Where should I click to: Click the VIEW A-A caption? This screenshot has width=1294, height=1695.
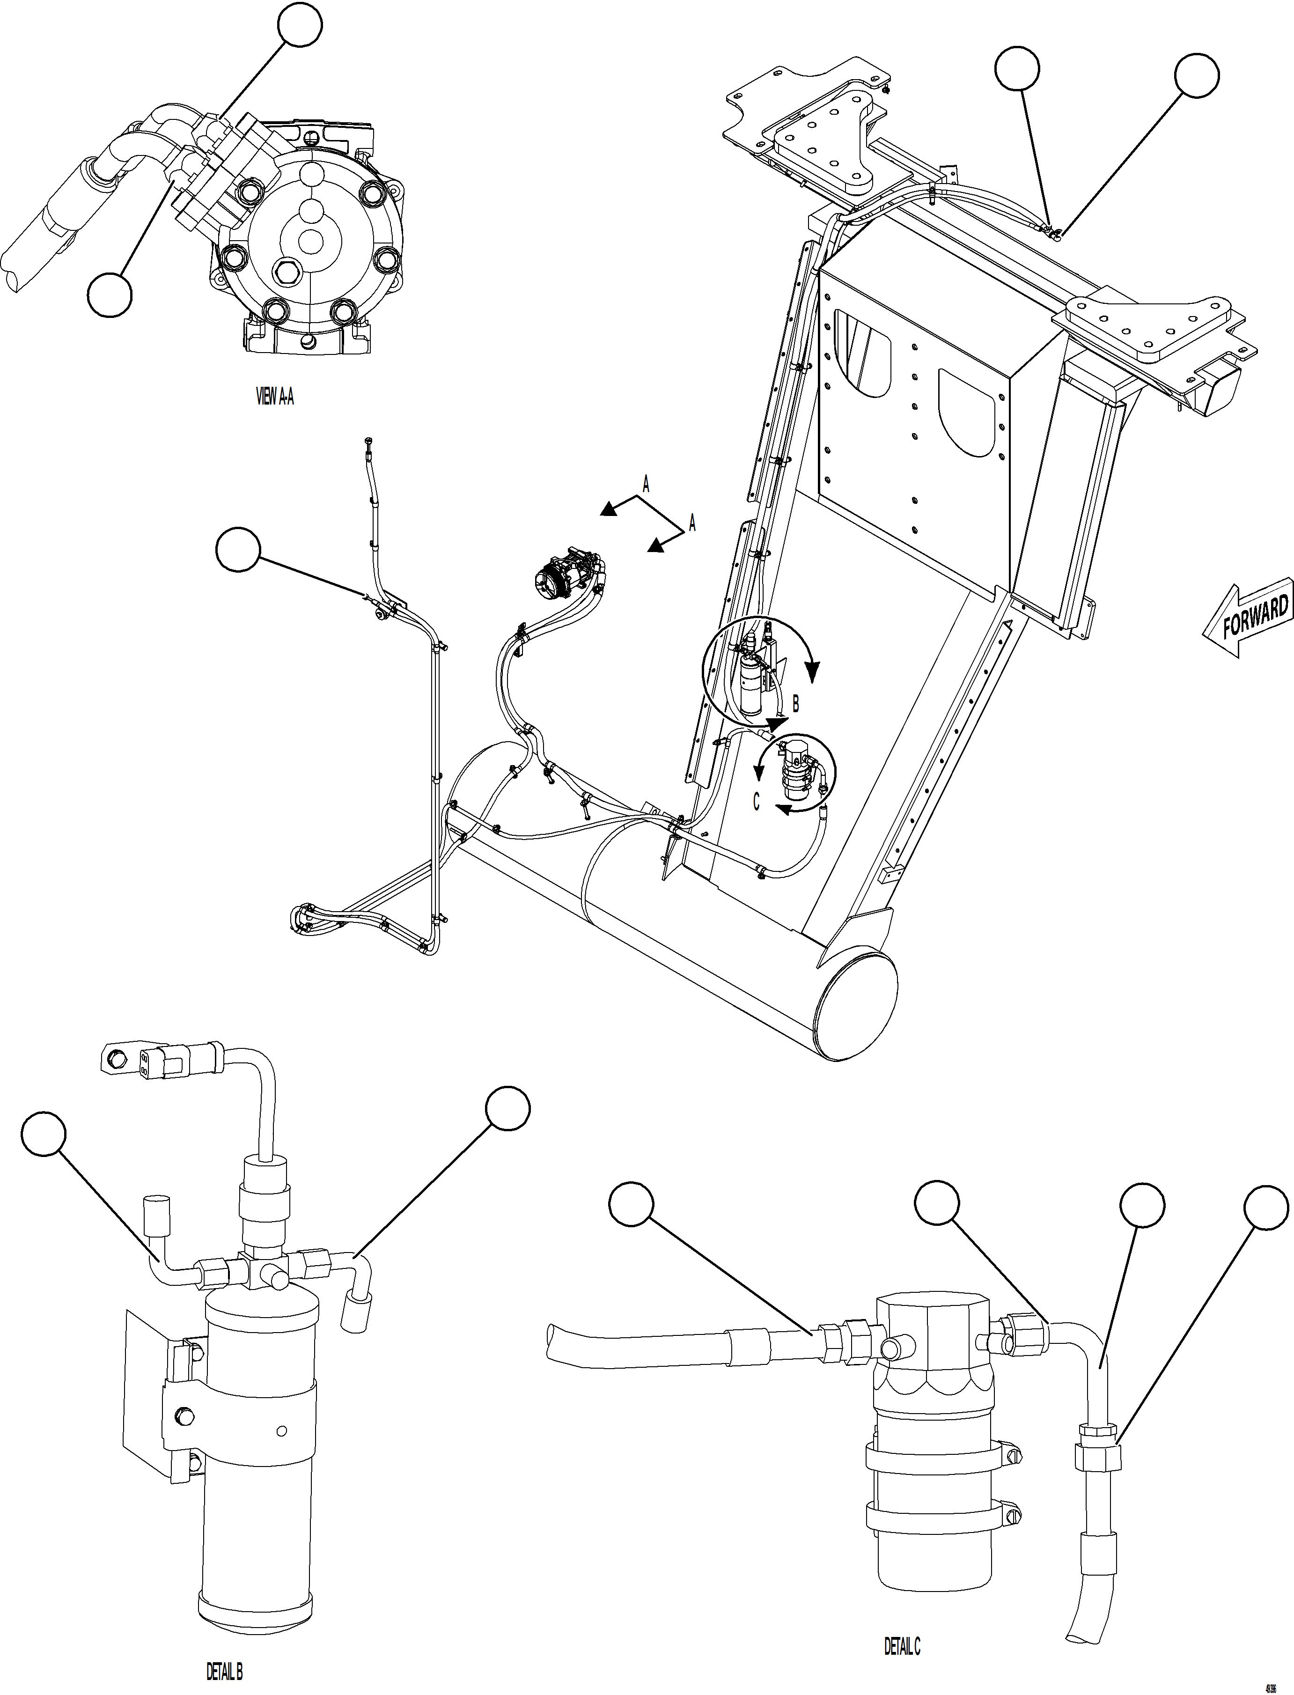coord(274,397)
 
